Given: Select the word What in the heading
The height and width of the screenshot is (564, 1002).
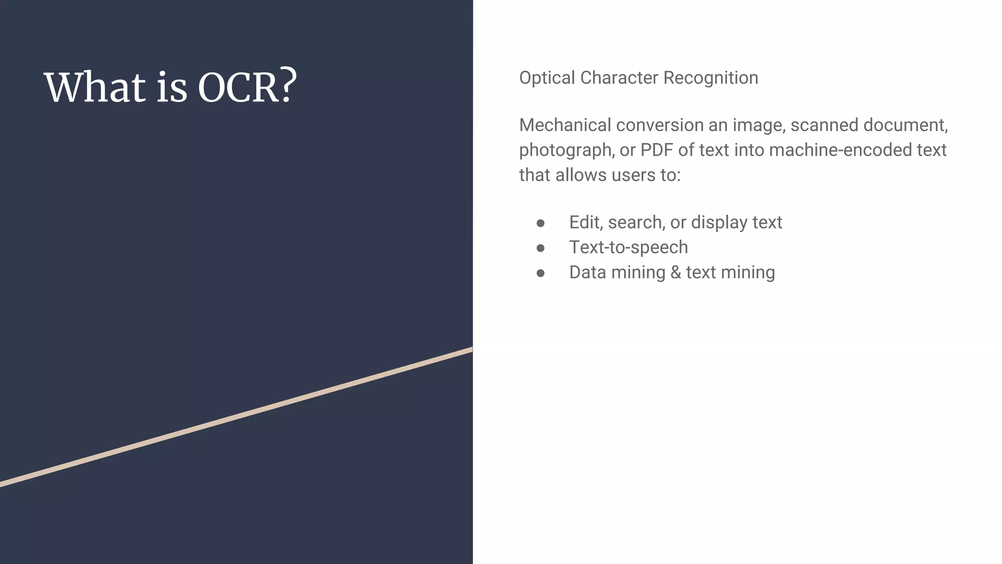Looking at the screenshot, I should coord(95,87).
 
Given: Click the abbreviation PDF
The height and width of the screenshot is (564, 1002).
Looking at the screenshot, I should coord(657,150).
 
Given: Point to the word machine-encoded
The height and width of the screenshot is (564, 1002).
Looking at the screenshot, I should coord(840,150).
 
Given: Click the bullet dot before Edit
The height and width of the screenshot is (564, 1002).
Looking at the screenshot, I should coord(541,223).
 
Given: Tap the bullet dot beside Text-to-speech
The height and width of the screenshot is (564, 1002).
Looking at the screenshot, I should coord(541,248).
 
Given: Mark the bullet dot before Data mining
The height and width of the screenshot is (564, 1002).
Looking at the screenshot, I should coord(541,273).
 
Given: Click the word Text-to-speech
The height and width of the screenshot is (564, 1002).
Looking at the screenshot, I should coord(628,248).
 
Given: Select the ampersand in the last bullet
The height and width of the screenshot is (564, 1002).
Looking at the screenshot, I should coord(675,273).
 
